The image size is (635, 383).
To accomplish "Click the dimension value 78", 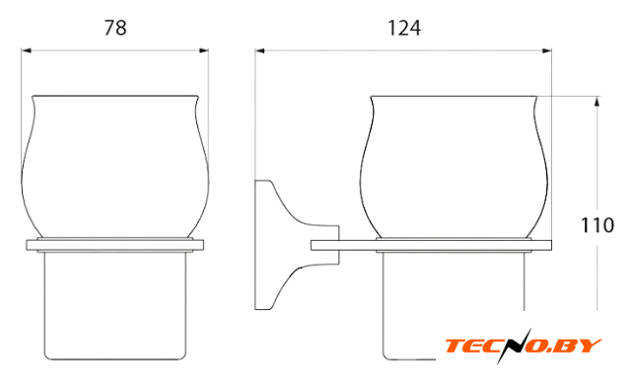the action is (x=115, y=28).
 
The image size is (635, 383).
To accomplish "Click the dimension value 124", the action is (x=404, y=28).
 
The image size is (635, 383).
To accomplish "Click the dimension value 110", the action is (x=598, y=225).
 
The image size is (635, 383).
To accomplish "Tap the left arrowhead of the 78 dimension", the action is (x=27, y=50).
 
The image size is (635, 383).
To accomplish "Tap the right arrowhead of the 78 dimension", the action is (x=204, y=50).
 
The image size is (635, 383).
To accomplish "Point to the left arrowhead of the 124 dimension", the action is (x=260, y=50).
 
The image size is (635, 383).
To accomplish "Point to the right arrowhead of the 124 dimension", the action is (x=546, y=50).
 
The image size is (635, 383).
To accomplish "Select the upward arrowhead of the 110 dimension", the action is (x=597, y=102).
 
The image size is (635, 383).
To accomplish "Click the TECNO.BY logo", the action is (x=524, y=345).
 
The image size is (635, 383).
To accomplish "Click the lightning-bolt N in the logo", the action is (x=513, y=345).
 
